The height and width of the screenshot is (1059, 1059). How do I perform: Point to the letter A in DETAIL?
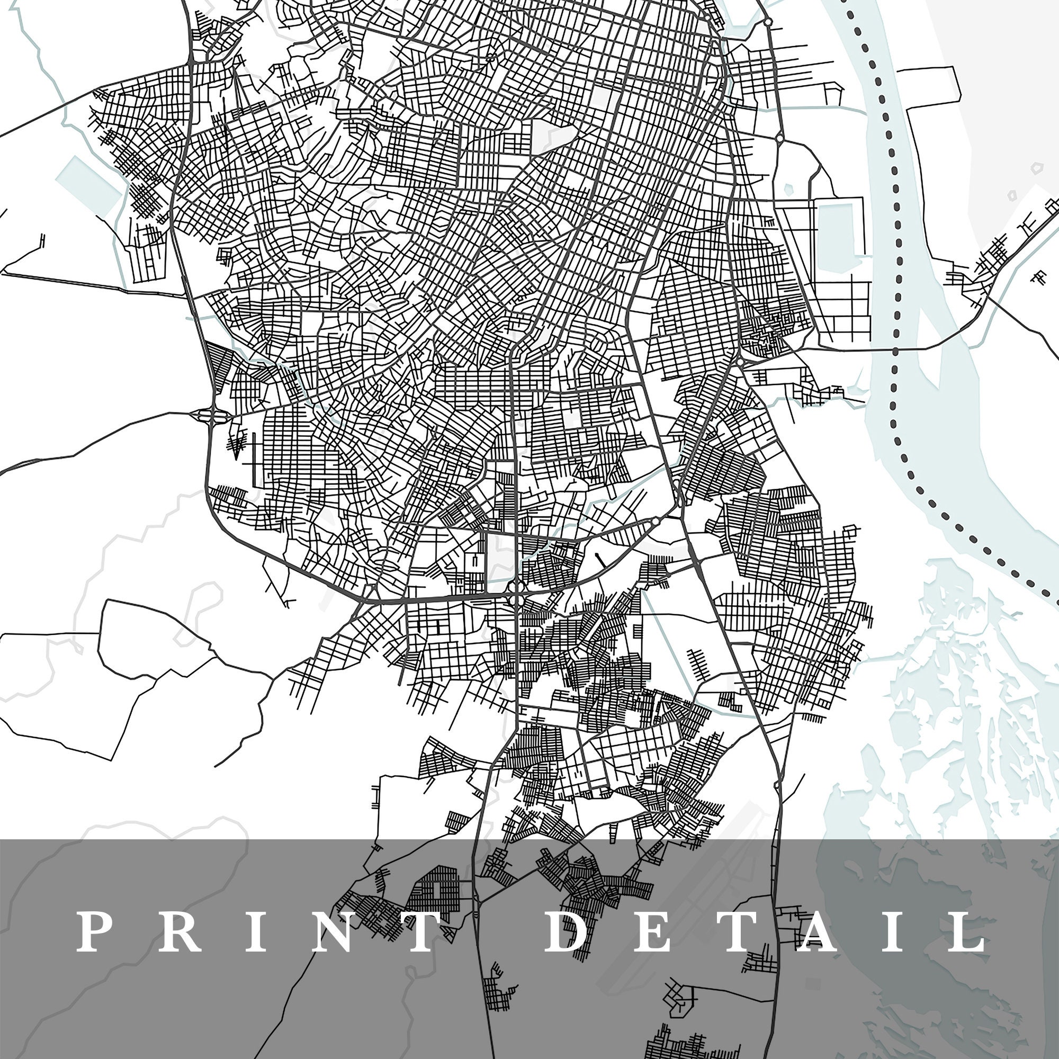tap(816, 931)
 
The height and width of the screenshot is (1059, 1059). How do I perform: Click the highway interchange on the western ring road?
tap(209, 415)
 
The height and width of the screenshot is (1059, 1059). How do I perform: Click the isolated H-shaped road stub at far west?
tap(42, 240)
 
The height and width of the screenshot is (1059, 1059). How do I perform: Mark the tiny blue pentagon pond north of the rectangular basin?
tap(789, 190)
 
